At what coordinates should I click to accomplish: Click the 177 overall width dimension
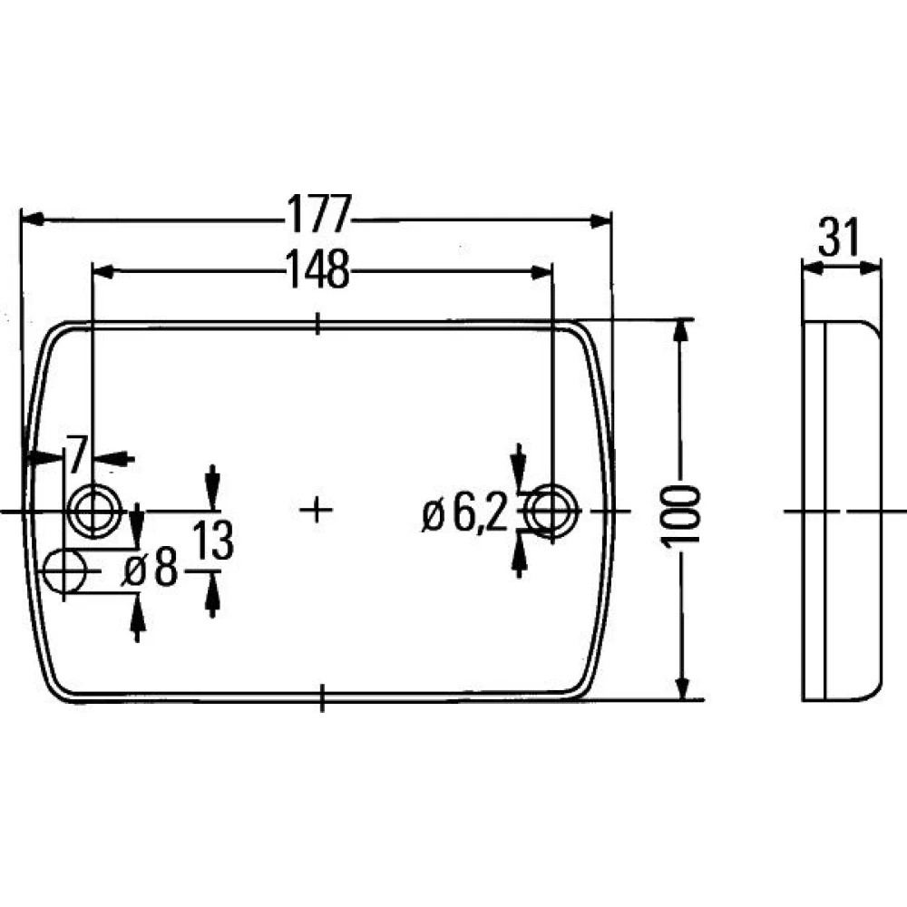click(x=319, y=214)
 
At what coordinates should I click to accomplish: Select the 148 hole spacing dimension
click(x=319, y=269)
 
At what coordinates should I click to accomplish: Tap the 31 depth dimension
click(x=839, y=237)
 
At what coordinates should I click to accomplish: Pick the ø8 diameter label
click(x=151, y=569)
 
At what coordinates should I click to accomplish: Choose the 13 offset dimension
click(x=212, y=541)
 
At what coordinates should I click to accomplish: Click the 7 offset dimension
click(x=76, y=454)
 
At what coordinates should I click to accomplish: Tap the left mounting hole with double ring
click(x=93, y=511)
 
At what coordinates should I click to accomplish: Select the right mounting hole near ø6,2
click(x=551, y=511)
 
